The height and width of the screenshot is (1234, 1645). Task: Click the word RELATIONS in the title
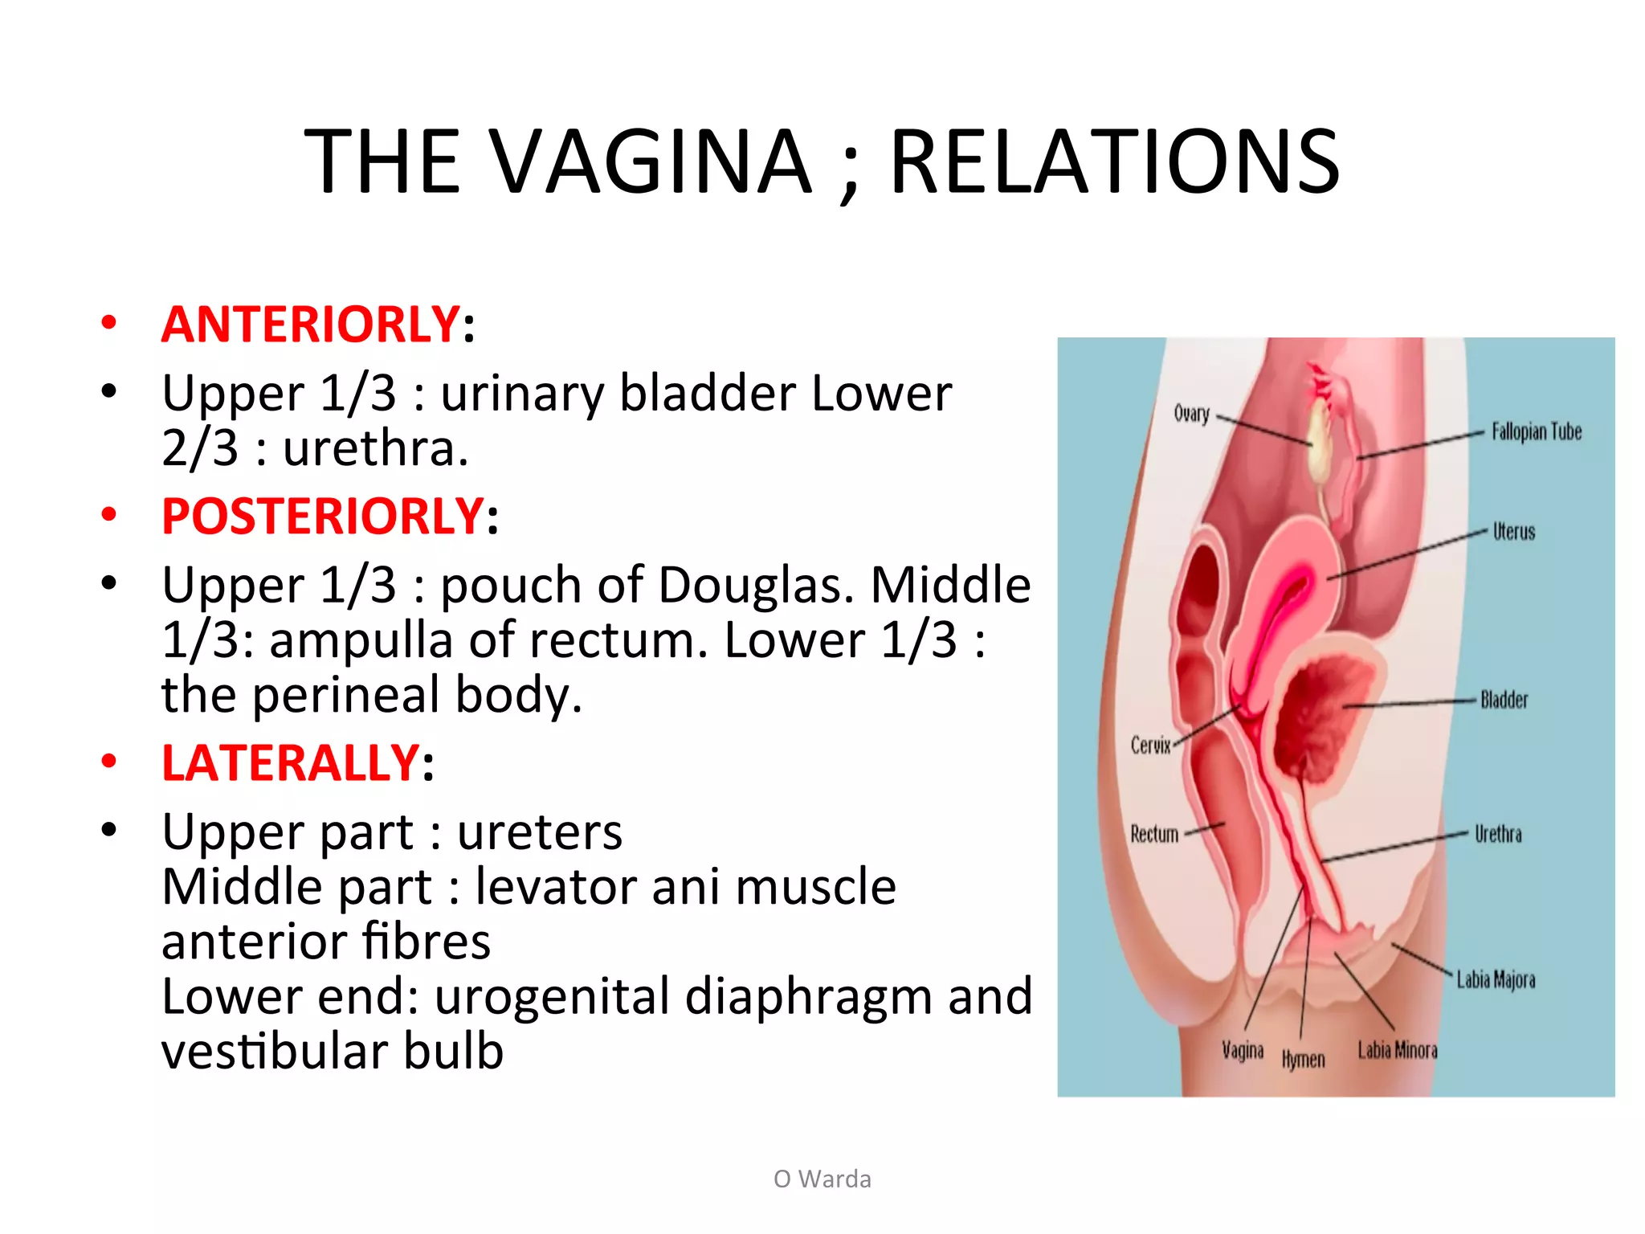pos(1115,162)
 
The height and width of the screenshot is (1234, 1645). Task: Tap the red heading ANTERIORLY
pos(310,325)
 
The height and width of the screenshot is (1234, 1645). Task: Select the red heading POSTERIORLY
pos(322,516)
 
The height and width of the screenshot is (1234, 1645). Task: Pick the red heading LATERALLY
pos(290,762)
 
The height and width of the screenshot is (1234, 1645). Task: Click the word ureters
pos(540,832)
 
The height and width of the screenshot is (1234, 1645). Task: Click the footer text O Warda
pos(822,1179)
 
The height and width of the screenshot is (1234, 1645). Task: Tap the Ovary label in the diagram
pos(1191,414)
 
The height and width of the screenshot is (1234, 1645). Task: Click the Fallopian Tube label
pos(1536,432)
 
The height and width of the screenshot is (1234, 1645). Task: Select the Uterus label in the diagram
pos(1513,532)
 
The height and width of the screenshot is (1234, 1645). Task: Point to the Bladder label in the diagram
pos(1504,700)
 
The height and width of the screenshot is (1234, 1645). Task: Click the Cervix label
pos(1150,746)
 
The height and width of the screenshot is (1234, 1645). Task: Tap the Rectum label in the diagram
pos(1154,834)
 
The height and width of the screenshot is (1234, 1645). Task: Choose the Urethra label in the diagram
pos(1498,835)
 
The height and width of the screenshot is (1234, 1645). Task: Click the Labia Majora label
pos(1496,980)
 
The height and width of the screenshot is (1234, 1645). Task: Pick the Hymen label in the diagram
pos(1303,1060)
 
